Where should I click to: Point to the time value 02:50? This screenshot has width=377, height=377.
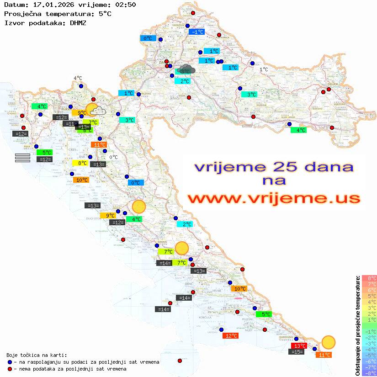pyautogui.click(x=125, y=5)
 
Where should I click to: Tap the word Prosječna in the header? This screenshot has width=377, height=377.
pyautogui.click(x=22, y=14)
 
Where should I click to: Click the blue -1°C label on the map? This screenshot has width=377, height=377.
pyautogui.click(x=197, y=32)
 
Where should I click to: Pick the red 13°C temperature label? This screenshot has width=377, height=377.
pyautogui.click(x=299, y=346)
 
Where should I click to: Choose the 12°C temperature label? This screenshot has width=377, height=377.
pyautogui.click(x=230, y=336)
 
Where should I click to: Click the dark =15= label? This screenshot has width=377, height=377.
pyautogui.click(x=297, y=352)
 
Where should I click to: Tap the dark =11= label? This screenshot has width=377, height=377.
pyautogui.click(x=70, y=124)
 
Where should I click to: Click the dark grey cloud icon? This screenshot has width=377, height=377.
pyautogui.click(x=187, y=69)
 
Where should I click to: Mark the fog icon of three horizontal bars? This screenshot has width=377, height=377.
pyautogui.click(x=22, y=158)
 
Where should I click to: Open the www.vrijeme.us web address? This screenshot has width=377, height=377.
pyautogui.click(x=273, y=198)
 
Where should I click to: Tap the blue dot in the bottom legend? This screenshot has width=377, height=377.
pyautogui.click(x=10, y=362)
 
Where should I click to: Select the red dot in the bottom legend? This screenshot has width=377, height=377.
pyautogui.click(x=10, y=369)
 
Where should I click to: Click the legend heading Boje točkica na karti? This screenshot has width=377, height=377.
pyautogui.click(x=37, y=355)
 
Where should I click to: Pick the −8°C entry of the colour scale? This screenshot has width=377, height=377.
pyautogui.click(x=369, y=373)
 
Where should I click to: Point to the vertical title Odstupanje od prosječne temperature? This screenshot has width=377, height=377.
pyautogui.click(x=357, y=325)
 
